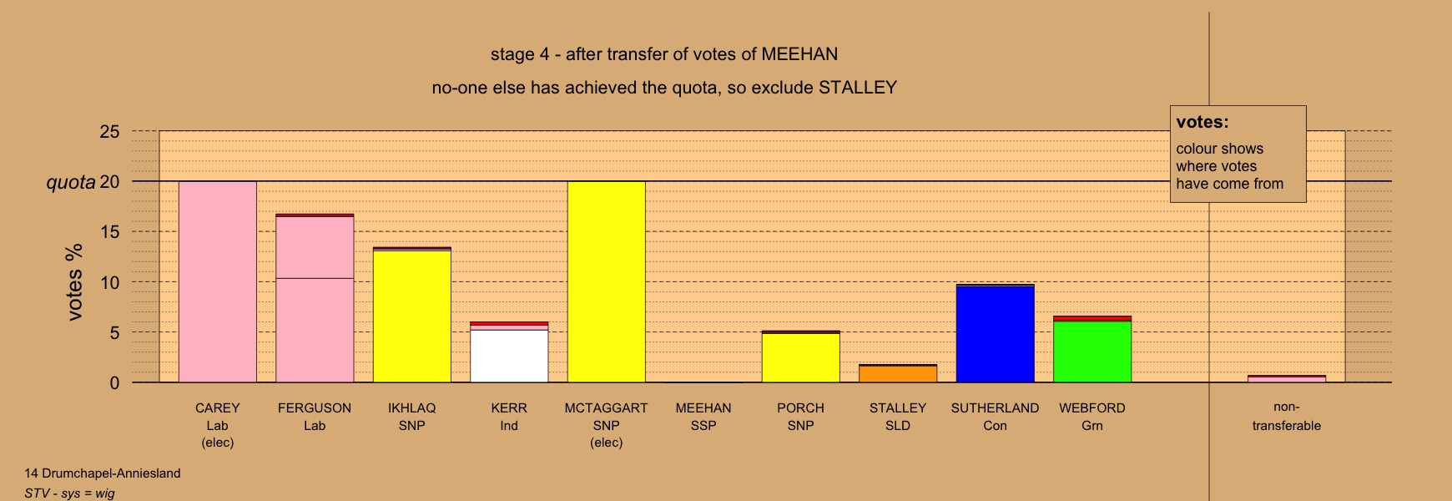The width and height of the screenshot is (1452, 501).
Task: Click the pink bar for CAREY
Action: [218, 282]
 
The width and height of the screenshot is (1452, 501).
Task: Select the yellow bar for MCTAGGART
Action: [607, 282]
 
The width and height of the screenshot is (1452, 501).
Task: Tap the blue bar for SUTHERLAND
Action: [996, 334]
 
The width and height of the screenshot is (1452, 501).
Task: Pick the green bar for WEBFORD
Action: [1092, 350]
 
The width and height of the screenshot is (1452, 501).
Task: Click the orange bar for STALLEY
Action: [898, 373]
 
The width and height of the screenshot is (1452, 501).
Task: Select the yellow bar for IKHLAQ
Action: [412, 315]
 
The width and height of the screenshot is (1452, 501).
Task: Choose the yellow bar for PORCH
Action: [801, 357]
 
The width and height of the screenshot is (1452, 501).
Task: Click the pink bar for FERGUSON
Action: [315, 298]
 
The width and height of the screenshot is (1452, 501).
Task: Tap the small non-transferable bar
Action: [1287, 379]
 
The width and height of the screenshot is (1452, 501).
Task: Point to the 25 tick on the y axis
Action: [110, 132]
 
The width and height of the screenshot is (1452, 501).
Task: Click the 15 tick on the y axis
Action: [110, 232]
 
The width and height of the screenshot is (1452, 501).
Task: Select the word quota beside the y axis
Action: [71, 182]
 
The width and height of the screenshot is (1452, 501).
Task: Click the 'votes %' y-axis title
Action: [74, 282]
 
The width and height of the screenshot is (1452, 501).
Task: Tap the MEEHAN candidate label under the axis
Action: [703, 408]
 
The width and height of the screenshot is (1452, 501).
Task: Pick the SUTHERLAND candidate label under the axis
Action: [996, 408]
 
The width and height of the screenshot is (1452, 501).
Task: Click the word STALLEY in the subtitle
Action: [858, 88]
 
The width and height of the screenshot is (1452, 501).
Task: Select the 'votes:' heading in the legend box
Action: [1202, 122]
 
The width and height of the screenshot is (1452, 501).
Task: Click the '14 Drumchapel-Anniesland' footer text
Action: [103, 473]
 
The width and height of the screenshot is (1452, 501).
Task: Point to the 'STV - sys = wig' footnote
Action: [69, 493]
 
